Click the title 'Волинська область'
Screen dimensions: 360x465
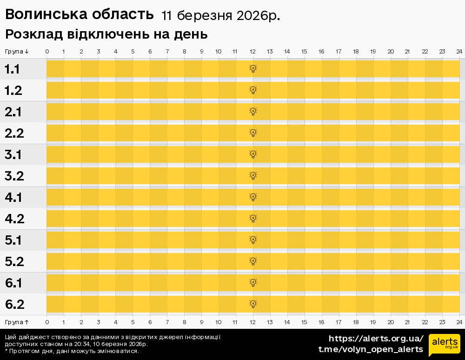79,15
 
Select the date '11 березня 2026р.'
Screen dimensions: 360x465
220,16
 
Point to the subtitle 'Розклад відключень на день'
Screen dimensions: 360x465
106,35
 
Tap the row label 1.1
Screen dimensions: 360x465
13,69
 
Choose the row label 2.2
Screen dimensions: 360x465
14,133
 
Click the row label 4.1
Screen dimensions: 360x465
13,198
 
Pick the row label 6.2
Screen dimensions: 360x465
14,305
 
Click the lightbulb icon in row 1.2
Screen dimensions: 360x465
253,90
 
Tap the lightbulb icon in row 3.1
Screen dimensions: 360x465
253,154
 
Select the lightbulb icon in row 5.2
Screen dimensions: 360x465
253,261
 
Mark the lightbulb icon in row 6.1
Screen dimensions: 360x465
253,283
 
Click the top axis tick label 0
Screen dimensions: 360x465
47,51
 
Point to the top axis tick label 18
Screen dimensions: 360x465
356,51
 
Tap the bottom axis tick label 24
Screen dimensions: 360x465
459,322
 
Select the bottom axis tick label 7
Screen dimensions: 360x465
167,322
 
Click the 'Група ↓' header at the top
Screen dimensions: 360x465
17,51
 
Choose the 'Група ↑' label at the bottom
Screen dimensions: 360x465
17,322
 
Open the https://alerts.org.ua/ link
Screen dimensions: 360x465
376,339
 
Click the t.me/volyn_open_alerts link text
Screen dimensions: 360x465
370,349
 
